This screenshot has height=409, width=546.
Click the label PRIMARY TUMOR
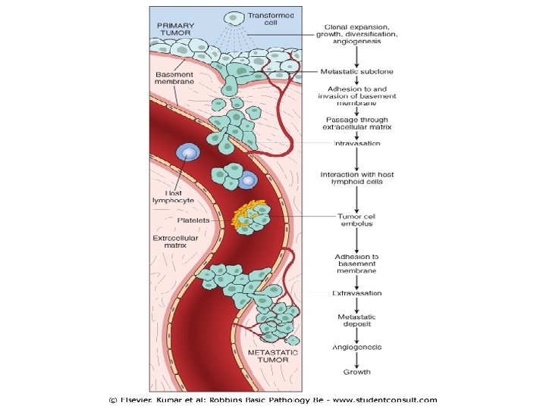(x=175, y=29)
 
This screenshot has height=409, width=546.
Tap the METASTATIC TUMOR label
(x=273, y=357)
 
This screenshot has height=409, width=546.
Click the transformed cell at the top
(x=236, y=16)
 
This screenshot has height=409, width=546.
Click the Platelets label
(x=193, y=220)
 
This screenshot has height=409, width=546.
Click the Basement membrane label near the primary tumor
(x=175, y=79)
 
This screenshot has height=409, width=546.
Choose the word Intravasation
(x=356, y=143)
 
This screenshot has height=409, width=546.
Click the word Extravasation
(x=356, y=293)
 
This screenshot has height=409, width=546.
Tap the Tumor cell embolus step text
(x=356, y=220)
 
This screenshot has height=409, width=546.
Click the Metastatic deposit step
(x=356, y=320)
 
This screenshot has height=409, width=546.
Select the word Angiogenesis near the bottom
(x=356, y=347)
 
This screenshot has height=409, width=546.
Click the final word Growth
(x=356, y=372)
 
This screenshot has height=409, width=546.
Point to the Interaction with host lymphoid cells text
(x=356, y=178)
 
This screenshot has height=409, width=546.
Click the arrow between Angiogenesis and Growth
(x=356, y=360)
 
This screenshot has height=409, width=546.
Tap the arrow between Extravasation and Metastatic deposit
(x=356, y=304)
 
